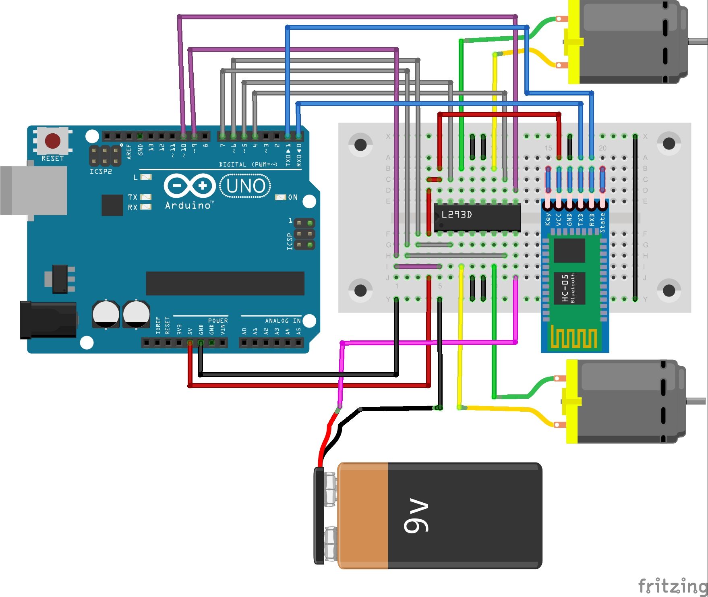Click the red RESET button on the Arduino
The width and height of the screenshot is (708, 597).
click(53, 141)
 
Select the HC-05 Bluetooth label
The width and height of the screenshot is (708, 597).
click(568, 288)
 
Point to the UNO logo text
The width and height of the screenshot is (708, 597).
click(246, 186)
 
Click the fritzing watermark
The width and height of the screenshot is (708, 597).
click(672, 585)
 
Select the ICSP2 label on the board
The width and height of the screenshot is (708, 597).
click(101, 172)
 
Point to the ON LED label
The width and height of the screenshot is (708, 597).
click(293, 197)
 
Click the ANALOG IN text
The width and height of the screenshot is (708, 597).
click(283, 321)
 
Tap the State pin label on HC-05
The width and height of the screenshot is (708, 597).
click(602, 222)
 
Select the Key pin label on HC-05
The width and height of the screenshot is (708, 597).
click(548, 219)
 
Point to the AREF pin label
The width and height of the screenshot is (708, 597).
click(129, 151)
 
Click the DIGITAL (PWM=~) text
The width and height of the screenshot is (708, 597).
click(248, 164)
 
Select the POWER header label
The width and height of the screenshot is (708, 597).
click(218, 321)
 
